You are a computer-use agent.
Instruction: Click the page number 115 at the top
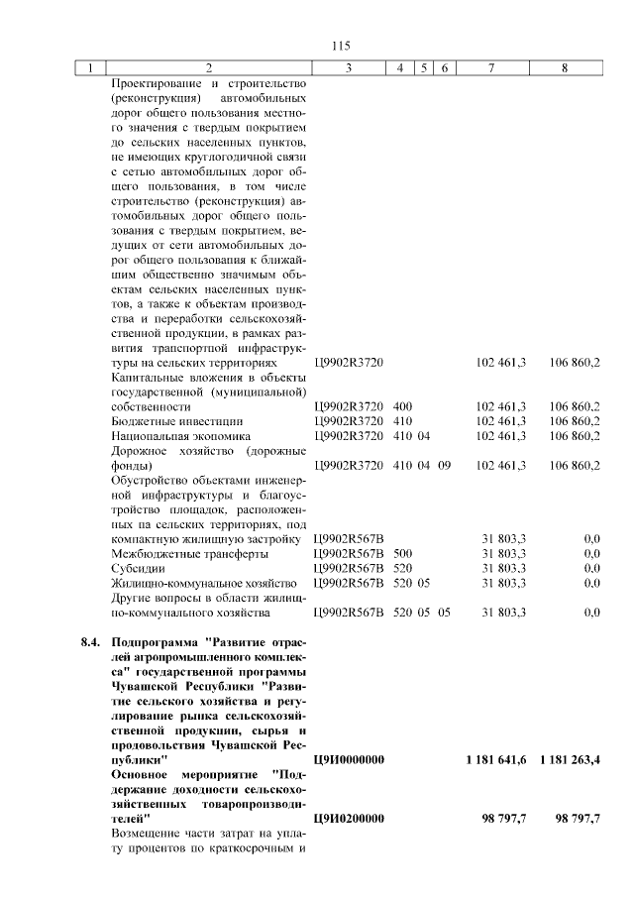tap(342, 46)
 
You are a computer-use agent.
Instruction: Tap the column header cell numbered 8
tap(565, 68)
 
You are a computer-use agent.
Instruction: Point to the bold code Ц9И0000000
tap(349, 759)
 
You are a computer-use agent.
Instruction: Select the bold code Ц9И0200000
tap(349, 819)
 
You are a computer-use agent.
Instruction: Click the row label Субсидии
tap(138, 568)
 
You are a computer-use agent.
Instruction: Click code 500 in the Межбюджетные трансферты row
tap(403, 553)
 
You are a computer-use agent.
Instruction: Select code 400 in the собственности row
tap(403, 406)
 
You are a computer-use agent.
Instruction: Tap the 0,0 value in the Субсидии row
tap(591, 568)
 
